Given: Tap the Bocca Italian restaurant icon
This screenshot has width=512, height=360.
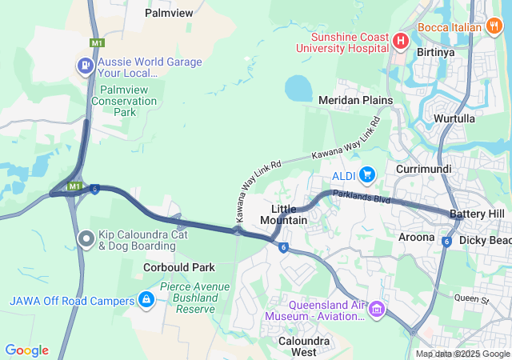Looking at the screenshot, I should (494, 26).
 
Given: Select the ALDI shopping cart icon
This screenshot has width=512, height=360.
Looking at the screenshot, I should (367, 174).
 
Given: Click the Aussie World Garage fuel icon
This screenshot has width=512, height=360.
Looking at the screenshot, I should (84, 65).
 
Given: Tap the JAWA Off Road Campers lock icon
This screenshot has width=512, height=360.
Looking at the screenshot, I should (146, 300).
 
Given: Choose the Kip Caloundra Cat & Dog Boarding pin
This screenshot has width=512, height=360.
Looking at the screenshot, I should (86, 238).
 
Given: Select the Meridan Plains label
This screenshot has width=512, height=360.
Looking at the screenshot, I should (355, 100).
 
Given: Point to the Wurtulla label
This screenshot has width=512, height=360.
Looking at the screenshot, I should (454, 118).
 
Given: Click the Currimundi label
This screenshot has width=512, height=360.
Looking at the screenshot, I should (424, 170).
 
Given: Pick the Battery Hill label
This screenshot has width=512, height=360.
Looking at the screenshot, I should (477, 214).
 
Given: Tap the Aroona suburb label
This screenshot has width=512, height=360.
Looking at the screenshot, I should (416, 237).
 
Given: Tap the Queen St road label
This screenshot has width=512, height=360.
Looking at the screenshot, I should (470, 299).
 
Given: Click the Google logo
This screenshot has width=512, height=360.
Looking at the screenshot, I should (26, 350).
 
